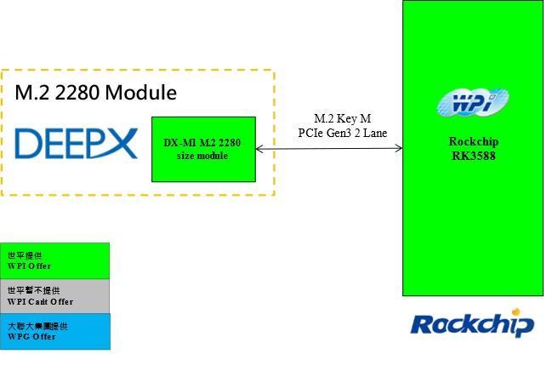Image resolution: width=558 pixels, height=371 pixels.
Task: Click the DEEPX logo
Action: tap(75, 144)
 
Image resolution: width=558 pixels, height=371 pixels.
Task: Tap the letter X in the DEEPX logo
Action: tap(121, 144)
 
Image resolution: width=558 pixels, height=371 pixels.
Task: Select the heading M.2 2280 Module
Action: tap(95, 93)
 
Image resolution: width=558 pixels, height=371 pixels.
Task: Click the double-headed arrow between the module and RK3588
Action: tap(328, 149)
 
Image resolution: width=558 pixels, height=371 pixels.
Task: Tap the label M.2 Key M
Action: tap(342, 119)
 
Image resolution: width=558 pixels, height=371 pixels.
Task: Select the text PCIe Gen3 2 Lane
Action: tap(342, 133)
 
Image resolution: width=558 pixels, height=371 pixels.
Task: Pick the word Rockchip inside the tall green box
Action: tap(473, 142)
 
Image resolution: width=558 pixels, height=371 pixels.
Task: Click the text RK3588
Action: tap(473, 156)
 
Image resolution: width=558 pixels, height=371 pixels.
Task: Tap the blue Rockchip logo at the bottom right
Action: tap(472, 324)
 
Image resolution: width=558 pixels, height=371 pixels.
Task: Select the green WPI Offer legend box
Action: tap(55, 260)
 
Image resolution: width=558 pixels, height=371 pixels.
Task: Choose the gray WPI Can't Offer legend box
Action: tap(55, 296)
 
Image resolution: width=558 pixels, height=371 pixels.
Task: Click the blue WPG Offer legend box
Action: tap(55, 331)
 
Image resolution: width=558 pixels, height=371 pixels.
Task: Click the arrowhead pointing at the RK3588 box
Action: tap(398, 149)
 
